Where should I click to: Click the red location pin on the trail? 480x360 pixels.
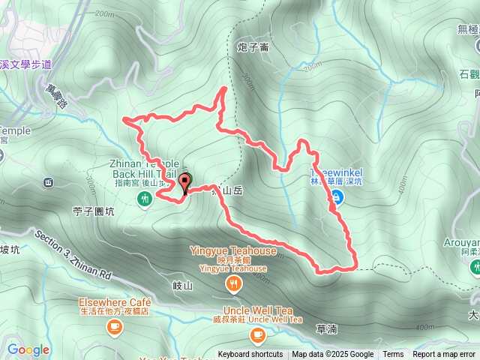coord(185,180)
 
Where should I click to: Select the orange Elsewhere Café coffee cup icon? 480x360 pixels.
coord(115,326)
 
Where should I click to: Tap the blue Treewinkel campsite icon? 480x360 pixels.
coord(337,197)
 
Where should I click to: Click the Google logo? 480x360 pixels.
coord(28,349)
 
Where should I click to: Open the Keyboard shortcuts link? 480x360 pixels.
coord(250,355)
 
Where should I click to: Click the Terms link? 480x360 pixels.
coord(393,355)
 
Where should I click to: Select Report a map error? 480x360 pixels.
coord(445,355)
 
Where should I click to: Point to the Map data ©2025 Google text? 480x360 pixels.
coord(332,355)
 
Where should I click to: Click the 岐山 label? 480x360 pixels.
coord(183,286)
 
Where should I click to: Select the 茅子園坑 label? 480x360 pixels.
coord(94,211)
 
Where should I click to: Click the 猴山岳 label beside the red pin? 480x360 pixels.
coord(228,190)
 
